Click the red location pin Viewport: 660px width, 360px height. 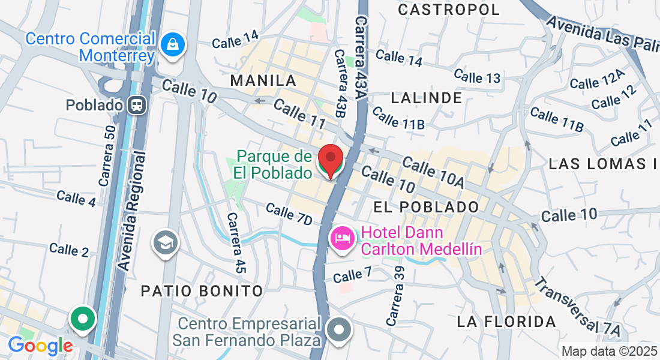coord(330,160)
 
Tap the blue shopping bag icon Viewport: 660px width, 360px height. coord(172,45)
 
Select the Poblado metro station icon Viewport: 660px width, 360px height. coord(137,106)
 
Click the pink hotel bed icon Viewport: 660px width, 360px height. coord(341,239)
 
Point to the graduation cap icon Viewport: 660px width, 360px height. coord(165,242)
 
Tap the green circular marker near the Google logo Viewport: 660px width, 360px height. coord(83,318)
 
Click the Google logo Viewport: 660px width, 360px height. coord(40,346)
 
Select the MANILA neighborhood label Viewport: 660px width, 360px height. coord(263,80)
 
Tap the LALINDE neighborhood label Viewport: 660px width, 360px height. coord(427,97)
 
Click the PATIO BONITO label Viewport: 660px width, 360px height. coord(202,291)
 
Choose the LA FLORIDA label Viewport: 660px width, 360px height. coord(506,322)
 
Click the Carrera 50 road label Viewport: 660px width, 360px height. coord(108,155)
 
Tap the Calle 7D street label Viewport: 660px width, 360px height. coord(289,214)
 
